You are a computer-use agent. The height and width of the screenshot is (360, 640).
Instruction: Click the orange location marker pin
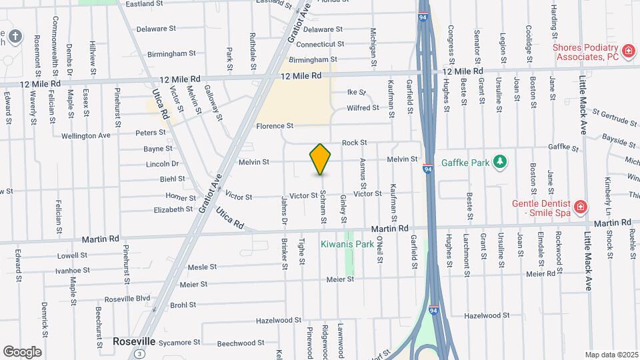pyautogui.click(x=321, y=159)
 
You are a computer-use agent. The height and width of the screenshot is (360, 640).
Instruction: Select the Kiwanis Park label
pyautogui.click(x=347, y=244)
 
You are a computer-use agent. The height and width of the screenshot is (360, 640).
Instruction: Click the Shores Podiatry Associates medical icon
pyautogui.click(x=627, y=51)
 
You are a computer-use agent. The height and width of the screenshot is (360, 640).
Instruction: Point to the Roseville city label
pyautogui.click(x=133, y=341)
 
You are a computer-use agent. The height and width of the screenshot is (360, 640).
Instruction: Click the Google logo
pyautogui.click(x=22, y=351)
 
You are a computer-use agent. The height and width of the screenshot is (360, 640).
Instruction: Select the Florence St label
pyautogui.click(x=275, y=126)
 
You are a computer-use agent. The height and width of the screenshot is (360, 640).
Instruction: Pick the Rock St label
pyautogui.click(x=354, y=143)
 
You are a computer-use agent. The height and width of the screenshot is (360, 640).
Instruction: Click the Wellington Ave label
pyautogui.click(x=86, y=135)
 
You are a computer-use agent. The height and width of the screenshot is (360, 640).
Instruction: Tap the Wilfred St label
pyautogui.click(x=363, y=108)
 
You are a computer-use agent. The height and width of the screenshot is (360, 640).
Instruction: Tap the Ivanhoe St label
pyautogui.click(x=73, y=270)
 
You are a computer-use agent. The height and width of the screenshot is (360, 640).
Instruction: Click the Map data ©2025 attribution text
pyautogui.click(x=611, y=355)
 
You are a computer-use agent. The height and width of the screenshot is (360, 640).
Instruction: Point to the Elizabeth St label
pyautogui.click(x=173, y=209)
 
